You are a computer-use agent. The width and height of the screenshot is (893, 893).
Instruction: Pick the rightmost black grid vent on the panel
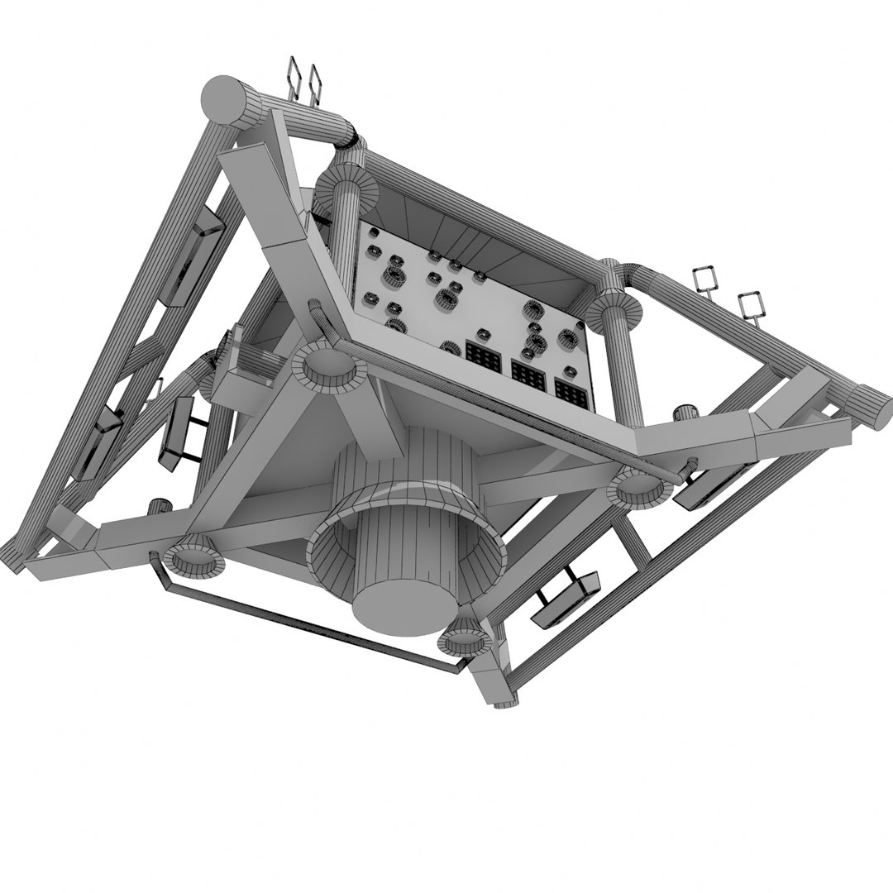click(571, 394)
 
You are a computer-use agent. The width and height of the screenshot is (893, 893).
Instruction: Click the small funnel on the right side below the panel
click(638, 487)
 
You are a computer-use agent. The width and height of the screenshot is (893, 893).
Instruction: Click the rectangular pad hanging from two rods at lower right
click(566, 595)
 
